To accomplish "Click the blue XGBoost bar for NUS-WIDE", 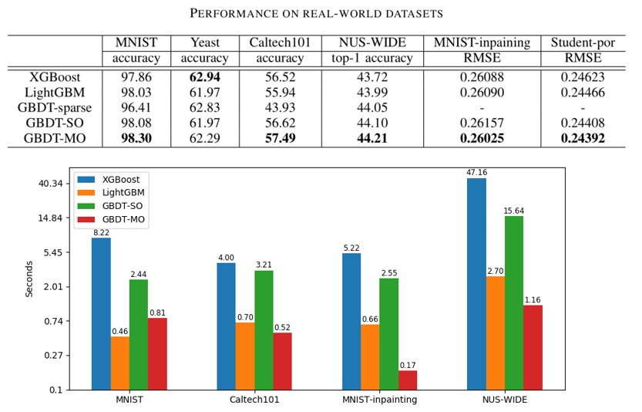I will pyautogui.click(x=476, y=284).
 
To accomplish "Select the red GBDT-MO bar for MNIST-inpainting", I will pyautogui.click(x=408, y=380).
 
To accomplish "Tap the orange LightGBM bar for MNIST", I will pyautogui.click(x=120, y=363).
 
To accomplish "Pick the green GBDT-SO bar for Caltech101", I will pyautogui.click(x=264, y=330).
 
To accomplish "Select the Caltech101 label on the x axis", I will pyautogui.click(x=254, y=400).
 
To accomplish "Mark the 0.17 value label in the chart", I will pyautogui.click(x=408, y=365).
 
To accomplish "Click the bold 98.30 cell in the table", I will pyautogui.click(x=136, y=139).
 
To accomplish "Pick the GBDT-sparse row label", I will pyautogui.click(x=54, y=108).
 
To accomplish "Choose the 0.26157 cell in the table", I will pyautogui.click(x=482, y=123).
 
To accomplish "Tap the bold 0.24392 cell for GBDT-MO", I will pyautogui.click(x=583, y=139).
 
